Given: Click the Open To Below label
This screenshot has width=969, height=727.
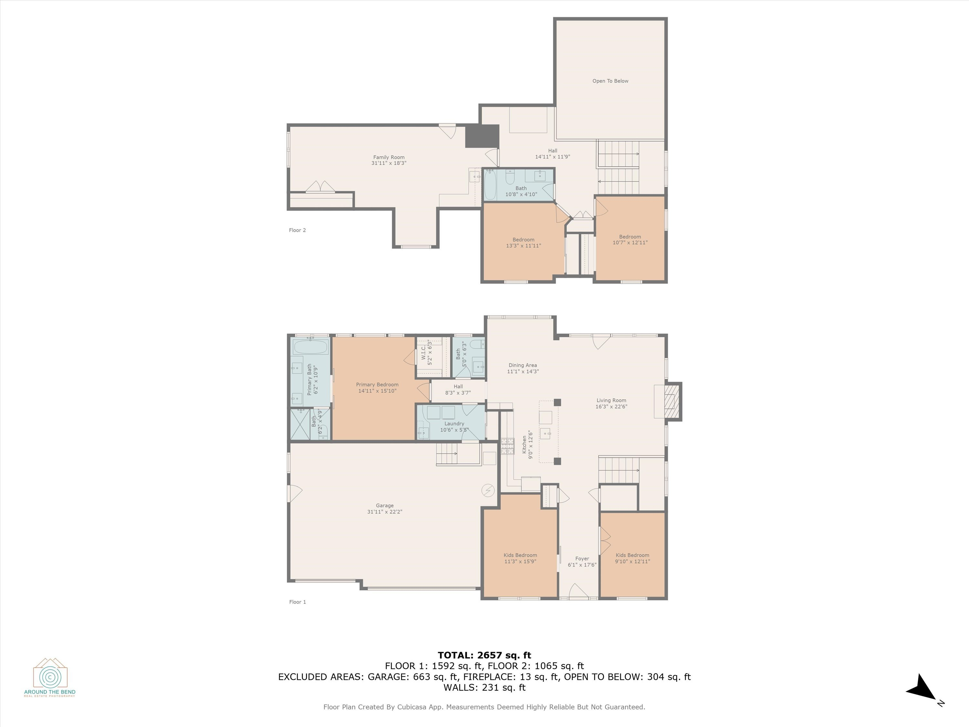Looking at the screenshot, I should click(x=610, y=81).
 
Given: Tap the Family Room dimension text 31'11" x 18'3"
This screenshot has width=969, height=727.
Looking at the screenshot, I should click(x=389, y=163).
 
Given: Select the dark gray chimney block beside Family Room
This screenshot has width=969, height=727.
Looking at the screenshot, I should click(x=482, y=136).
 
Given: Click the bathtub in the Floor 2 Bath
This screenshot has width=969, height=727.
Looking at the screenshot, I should click(x=490, y=184).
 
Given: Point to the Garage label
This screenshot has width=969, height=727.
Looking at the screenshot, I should click(x=385, y=505).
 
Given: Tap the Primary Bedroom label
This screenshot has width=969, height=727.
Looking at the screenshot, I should click(x=377, y=385).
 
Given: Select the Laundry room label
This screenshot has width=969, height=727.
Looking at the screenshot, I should click(x=454, y=423).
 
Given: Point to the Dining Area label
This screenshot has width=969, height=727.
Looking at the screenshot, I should click(x=523, y=365).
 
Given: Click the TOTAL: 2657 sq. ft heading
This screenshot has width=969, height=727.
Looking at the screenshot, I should click(x=484, y=655).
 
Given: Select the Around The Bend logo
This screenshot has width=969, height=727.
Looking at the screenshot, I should click(x=50, y=677).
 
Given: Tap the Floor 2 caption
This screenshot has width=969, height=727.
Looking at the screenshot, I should click(x=297, y=230).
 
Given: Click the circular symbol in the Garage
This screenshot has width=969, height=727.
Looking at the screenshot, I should click(x=488, y=490).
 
